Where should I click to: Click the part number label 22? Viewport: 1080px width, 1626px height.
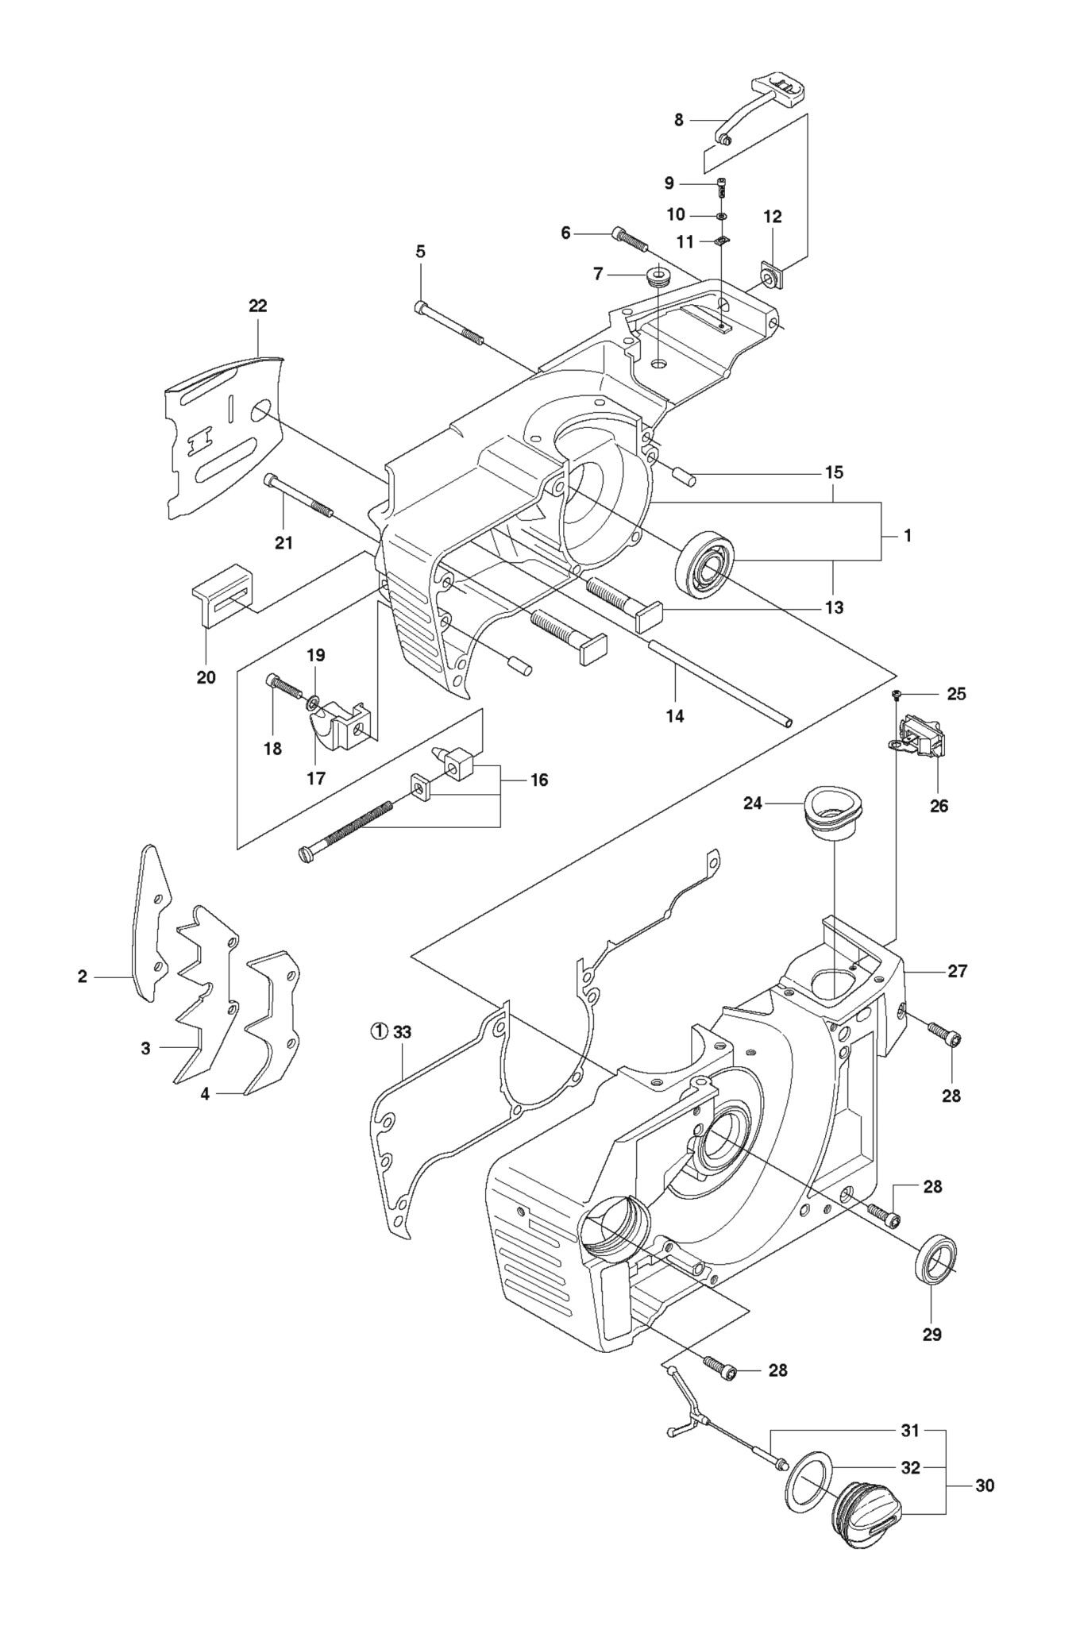(258, 306)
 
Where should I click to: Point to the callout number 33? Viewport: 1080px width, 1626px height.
(402, 1032)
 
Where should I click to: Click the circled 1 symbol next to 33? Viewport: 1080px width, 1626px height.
(379, 1032)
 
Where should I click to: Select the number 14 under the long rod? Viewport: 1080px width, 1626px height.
(674, 715)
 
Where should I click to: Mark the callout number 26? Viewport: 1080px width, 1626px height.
(939, 806)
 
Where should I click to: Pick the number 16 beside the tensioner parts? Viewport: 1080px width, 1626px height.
(539, 780)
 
